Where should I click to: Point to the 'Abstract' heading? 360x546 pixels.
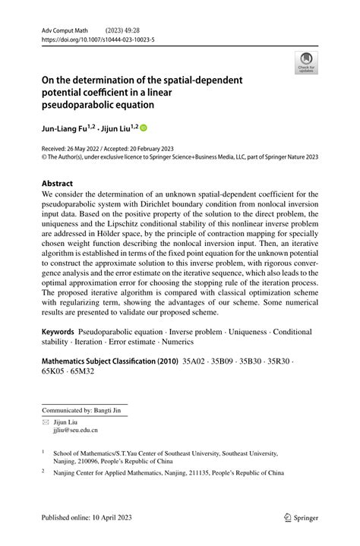tap(58, 184)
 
